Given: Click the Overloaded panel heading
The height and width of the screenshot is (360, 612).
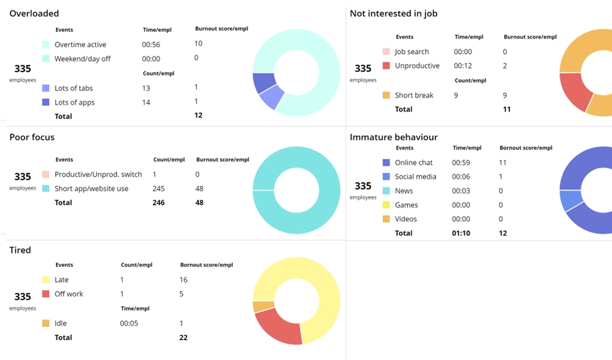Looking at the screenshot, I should click(x=34, y=13).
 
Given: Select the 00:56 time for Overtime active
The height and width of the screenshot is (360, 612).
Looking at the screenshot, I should click(x=151, y=44).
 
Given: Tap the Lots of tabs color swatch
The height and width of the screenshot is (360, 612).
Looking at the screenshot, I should click(x=46, y=88).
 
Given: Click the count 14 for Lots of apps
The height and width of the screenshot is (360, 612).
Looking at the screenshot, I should click(x=146, y=103).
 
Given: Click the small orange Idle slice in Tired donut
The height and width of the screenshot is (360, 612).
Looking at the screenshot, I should click(x=259, y=307).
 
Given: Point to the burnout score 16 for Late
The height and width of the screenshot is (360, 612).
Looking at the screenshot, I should click(x=183, y=280).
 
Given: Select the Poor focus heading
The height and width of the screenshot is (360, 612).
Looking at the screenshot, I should click(x=32, y=137).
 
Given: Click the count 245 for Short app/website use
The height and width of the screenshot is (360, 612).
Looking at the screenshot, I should click(x=158, y=188).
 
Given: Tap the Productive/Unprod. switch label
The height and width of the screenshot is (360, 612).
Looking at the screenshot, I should click(x=98, y=175).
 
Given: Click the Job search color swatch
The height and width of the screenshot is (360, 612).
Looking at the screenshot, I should click(x=386, y=52).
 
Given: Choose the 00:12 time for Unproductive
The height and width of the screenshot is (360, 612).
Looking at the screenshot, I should click(x=462, y=66).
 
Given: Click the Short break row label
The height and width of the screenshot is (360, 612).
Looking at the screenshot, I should click(x=414, y=95).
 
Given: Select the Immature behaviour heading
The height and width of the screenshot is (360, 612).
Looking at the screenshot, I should click(x=394, y=137).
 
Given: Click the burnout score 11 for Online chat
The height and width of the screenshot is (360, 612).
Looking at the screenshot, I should click(x=503, y=163).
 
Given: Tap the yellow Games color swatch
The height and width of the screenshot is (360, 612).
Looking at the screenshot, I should click(x=386, y=205).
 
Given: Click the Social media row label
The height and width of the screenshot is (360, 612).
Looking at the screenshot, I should click(x=415, y=177).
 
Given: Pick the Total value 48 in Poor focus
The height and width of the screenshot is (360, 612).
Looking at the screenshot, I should click(x=199, y=203).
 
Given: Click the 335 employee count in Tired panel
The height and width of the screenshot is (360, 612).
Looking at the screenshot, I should click(x=23, y=296).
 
